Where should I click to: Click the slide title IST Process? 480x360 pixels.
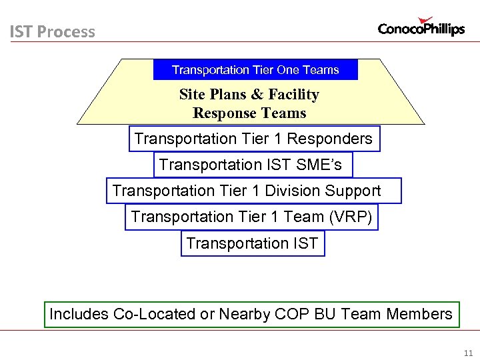coord(52,32)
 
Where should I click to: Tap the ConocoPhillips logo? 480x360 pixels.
coord(421,27)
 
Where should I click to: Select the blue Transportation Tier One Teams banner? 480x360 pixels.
coord(255,70)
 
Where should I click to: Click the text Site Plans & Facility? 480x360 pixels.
coord(249,95)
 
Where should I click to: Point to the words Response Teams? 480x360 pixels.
coord(249,113)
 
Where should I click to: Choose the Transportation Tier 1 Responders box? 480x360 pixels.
coord(254,139)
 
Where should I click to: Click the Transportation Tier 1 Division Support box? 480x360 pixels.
coord(253,191)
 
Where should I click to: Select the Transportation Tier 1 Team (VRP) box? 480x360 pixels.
coord(251,217)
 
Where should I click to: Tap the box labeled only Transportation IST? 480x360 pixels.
coord(253,243)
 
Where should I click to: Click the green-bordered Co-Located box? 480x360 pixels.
coord(251,314)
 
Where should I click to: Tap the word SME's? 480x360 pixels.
coord(319,165)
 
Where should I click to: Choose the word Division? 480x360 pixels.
coord(292,191)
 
